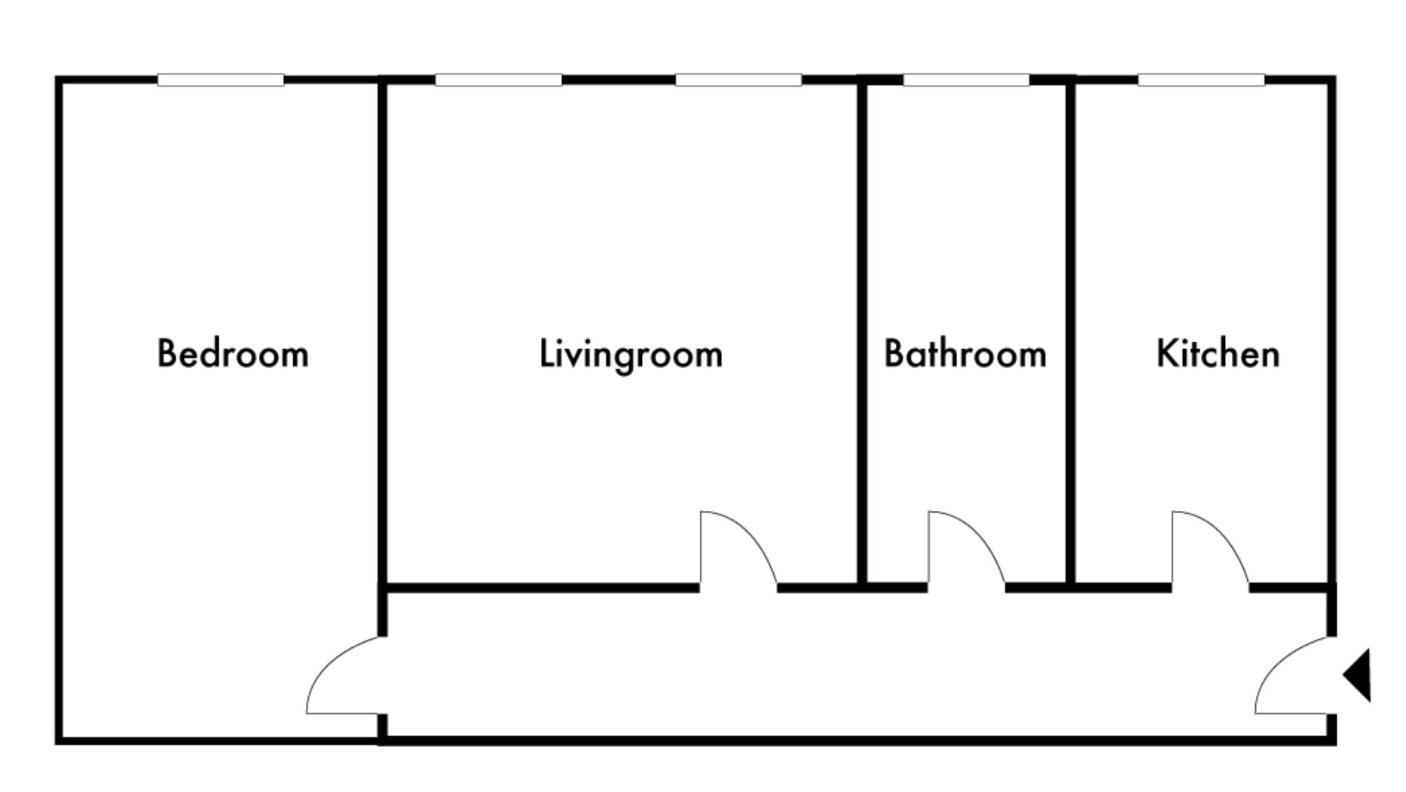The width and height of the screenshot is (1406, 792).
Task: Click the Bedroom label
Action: click(233, 353)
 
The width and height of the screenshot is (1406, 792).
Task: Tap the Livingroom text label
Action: click(631, 355)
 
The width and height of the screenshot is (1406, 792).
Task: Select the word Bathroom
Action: click(965, 353)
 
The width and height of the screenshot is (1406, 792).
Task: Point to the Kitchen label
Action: click(1218, 353)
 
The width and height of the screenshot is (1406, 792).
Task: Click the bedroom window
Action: click(221, 80)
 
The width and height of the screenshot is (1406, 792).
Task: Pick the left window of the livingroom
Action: click(498, 80)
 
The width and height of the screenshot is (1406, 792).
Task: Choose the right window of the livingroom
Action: click(738, 80)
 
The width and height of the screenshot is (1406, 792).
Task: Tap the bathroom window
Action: click(966, 80)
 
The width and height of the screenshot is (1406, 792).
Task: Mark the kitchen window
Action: click(1201, 80)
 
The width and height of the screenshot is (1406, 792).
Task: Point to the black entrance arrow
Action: click(1358, 674)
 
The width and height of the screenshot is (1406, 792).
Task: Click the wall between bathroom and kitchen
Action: click(1071, 332)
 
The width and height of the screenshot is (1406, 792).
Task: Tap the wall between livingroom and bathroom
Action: click(862, 332)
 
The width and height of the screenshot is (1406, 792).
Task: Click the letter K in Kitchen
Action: click(1168, 353)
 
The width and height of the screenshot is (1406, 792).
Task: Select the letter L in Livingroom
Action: click(548, 353)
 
